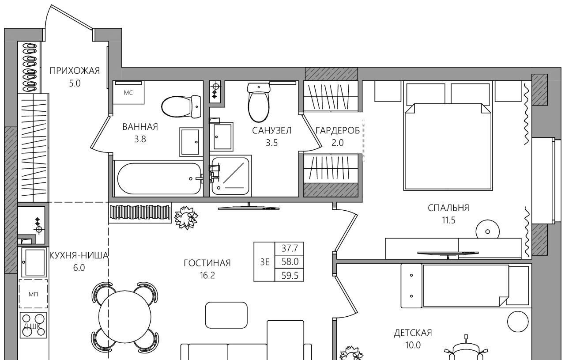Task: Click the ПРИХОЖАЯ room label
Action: [75, 71]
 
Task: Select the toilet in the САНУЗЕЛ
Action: [259, 102]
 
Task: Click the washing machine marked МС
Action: [128, 93]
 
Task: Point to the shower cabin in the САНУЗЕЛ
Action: [230, 176]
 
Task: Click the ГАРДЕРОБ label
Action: [338, 130]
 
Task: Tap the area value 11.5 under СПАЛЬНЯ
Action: [448, 220]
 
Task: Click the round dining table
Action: [124, 317]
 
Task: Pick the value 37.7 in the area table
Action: [290, 249]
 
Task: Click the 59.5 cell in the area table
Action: [290, 276]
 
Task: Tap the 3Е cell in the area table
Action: [264, 262]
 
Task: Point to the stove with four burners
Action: [33, 325]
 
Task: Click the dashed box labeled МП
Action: [33, 294]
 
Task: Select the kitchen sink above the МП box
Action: [34, 262]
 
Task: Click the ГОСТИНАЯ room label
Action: [207, 263]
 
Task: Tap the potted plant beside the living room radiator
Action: [186, 217]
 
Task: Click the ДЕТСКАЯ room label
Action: [413, 333]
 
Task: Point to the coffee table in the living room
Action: [226, 315]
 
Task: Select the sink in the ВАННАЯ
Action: [191, 142]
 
